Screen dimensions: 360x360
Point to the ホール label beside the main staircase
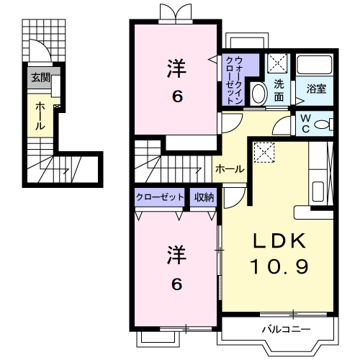click(230, 169)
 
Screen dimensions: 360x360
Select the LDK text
click(280, 240)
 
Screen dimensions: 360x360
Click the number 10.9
click(280, 268)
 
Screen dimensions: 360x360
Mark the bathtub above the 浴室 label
click(315, 66)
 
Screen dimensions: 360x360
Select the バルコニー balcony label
click(286, 330)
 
